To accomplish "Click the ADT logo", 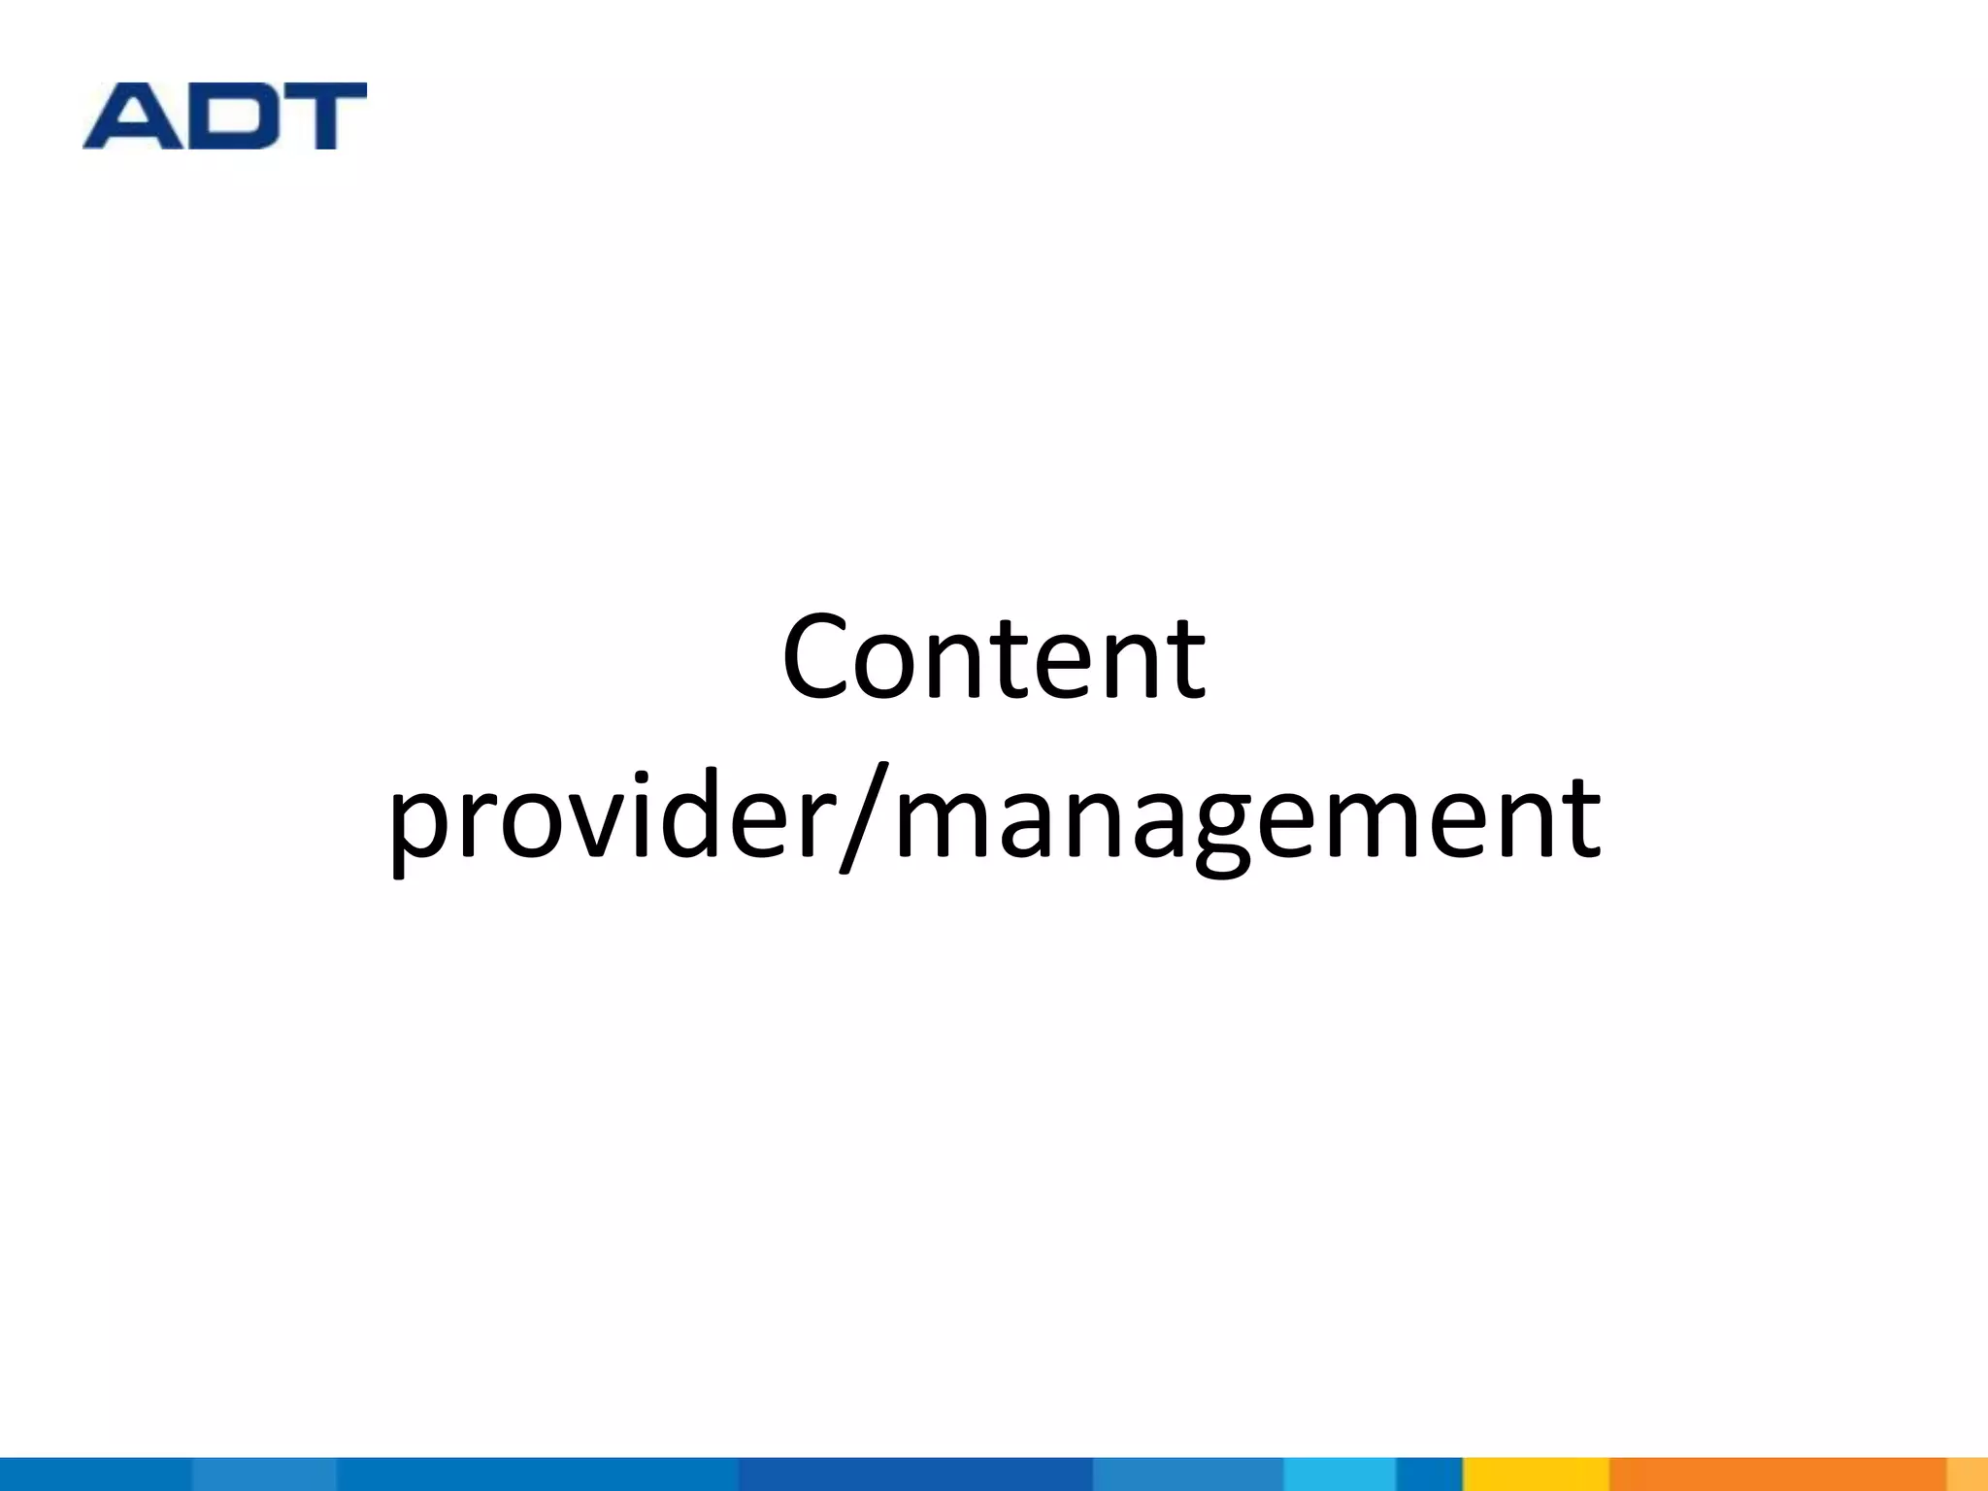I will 224,116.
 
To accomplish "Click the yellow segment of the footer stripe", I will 1535,1474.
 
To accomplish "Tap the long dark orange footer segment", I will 1776,1474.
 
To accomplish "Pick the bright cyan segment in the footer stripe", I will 1339,1474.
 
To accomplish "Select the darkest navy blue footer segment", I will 914,1474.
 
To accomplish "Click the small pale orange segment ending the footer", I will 1968,1474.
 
